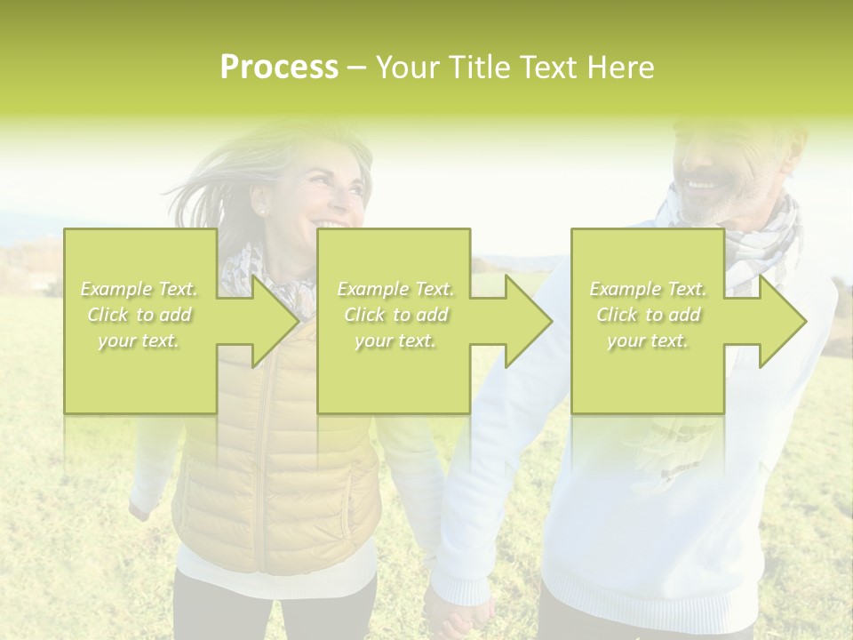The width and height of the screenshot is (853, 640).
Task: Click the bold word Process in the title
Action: (279, 68)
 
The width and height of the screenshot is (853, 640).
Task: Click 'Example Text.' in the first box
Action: (139, 289)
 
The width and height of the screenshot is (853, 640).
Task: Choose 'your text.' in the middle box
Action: (395, 340)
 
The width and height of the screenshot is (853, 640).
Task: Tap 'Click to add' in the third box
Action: (648, 315)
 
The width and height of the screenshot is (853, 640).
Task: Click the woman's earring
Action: (263, 212)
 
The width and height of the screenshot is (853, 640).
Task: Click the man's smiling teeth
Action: (702, 185)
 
